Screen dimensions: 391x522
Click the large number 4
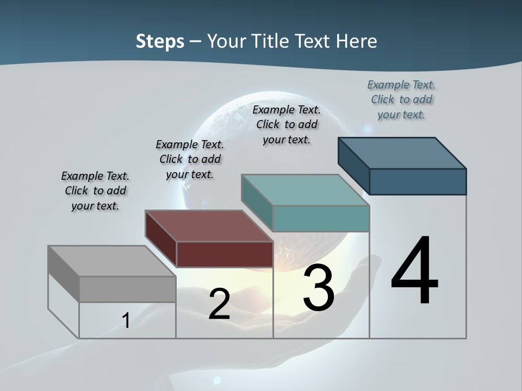click(x=414, y=272)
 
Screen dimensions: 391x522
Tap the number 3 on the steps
click(x=319, y=287)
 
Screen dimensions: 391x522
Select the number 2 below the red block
click(x=219, y=304)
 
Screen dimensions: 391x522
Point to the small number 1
click(x=126, y=320)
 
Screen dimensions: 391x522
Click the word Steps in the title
click(x=160, y=41)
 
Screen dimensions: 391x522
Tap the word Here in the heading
click(x=357, y=41)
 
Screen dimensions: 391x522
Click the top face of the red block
click(x=209, y=226)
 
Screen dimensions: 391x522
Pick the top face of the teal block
click(x=305, y=190)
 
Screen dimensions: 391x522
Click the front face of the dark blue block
click(x=418, y=181)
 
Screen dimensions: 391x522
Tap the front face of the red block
click(x=225, y=254)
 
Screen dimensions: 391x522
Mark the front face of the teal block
click(x=321, y=218)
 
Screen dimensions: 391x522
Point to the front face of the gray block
click(x=127, y=289)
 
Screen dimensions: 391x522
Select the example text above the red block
click(x=190, y=159)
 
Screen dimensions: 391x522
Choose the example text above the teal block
click(x=287, y=124)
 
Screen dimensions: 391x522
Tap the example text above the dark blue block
click(x=401, y=99)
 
